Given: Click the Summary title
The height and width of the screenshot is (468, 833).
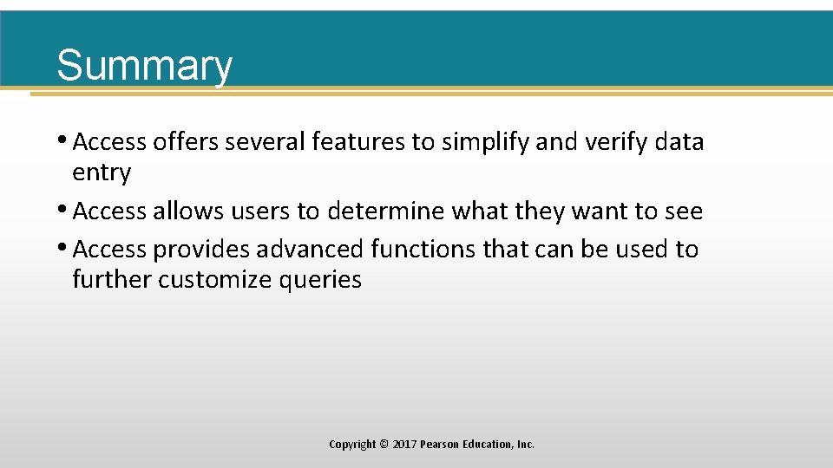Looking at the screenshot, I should [x=144, y=65].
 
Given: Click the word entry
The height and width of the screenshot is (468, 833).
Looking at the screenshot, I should [x=102, y=173].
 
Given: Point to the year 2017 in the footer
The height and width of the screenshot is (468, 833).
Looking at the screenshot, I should [x=404, y=445].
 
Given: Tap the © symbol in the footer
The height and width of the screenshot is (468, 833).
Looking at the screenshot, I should [x=384, y=445].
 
